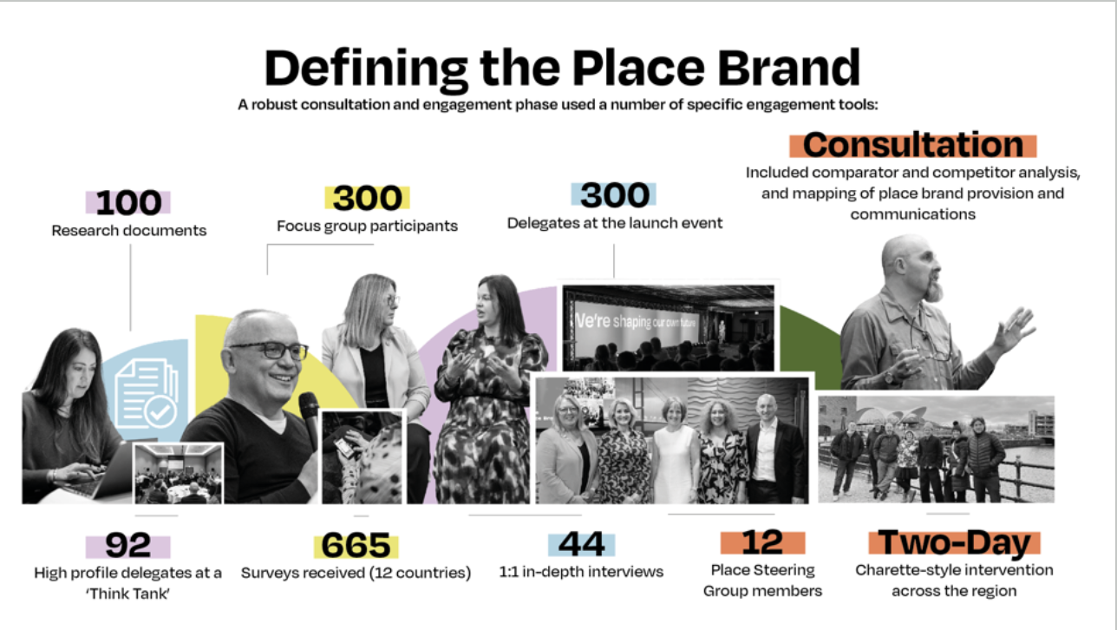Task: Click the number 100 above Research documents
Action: click(128, 202)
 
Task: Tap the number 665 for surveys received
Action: click(356, 546)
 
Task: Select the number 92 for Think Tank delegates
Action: click(127, 546)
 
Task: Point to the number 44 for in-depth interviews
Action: click(581, 544)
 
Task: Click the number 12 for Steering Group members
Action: click(762, 542)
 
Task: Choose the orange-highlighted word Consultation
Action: click(913, 145)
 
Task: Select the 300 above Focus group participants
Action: click(366, 199)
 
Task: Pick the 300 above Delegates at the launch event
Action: click(613, 196)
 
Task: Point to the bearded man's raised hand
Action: click(1015, 328)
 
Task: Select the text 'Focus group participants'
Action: click(367, 226)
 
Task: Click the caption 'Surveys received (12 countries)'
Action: click(356, 573)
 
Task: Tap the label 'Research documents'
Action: click(129, 231)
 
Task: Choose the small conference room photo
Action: click(179, 474)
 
